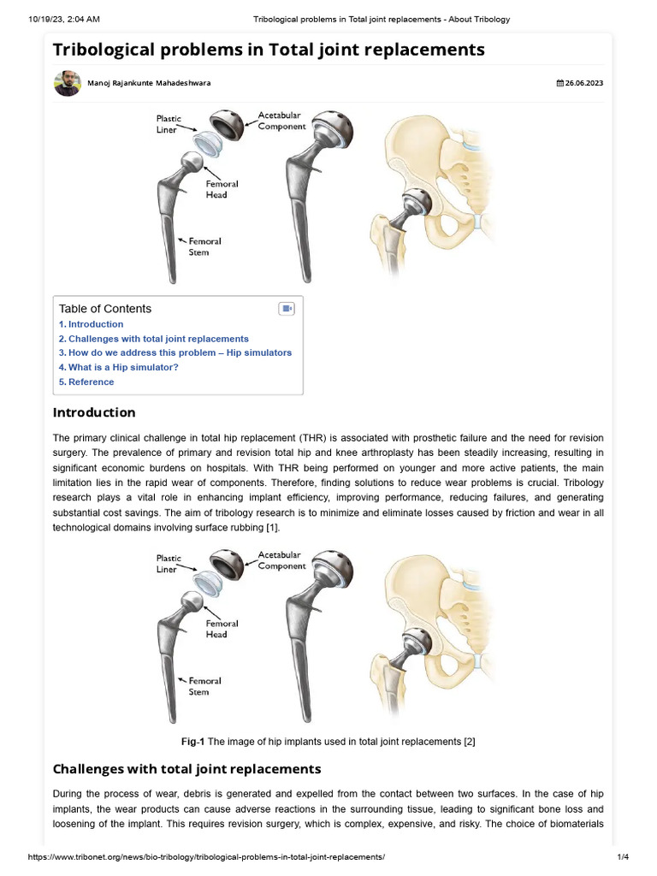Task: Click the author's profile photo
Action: pyautogui.click(x=68, y=83)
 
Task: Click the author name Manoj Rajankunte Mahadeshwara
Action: pyautogui.click(x=149, y=83)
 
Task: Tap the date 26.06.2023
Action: pyautogui.click(x=581, y=83)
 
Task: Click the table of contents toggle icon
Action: pyautogui.click(x=287, y=309)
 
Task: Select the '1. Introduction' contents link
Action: pyautogui.click(x=91, y=324)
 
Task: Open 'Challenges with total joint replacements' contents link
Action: pyautogui.click(x=154, y=339)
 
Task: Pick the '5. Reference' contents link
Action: pyautogui.click(x=86, y=382)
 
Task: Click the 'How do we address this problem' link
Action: pyautogui.click(x=175, y=352)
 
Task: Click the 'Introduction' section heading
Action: pyautogui.click(x=94, y=412)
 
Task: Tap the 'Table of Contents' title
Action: pyautogui.click(x=105, y=309)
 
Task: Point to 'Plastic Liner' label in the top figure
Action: pyautogui.click(x=169, y=124)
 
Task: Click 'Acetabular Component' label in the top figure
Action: pyautogui.click(x=281, y=121)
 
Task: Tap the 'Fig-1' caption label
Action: pyautogui.click(x=193, y=742)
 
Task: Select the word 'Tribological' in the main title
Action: pyautogui.click(x=115, y=50)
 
